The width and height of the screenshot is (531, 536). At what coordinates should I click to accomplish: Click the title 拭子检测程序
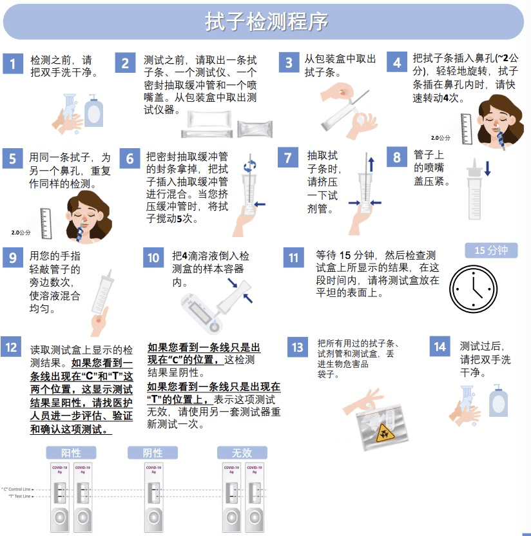coord(266,21)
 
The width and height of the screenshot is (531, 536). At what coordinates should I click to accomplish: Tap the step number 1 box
coord(13,64)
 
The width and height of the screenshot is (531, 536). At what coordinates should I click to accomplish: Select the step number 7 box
coord(288,157)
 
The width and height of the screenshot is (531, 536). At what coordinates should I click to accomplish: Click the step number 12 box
coord(11,347)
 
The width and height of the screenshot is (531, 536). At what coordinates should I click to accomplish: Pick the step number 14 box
coord(439,347)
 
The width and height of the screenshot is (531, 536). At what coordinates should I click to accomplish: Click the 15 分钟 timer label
coord(491,251)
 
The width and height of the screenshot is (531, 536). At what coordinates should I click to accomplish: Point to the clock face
coord(473,289)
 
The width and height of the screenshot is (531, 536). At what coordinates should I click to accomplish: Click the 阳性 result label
coord(71,453)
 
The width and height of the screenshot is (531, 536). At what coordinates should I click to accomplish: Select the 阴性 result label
coord(153,453)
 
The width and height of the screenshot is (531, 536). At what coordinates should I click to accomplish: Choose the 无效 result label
coord(242,453)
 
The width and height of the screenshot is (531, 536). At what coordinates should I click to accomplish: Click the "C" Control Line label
coord(17,489)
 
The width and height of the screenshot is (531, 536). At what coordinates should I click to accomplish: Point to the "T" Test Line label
coord(21,496)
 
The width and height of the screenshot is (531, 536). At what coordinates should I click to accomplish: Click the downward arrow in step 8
coord(488,168)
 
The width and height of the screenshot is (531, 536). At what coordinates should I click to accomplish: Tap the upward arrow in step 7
coord(371,164)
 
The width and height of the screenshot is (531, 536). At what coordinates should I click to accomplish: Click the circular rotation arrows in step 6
coord(250,166)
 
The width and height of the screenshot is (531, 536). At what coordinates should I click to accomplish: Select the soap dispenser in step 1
coord(93,111)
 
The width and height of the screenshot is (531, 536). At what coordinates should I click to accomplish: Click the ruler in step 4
coord(467,129)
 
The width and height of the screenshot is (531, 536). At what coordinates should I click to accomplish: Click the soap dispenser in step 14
coord(498,400)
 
